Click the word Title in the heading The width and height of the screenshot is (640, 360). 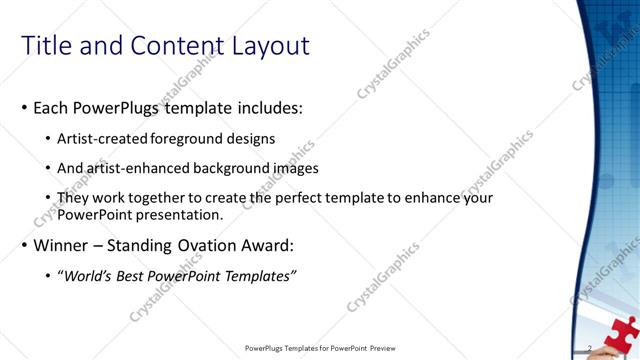click(x=47, y=46)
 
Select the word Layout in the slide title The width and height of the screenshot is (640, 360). click(x=268, y=46)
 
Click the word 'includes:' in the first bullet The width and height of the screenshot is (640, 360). click(x=269, y=108)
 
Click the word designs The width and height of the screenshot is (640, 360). click(x=252, y=138)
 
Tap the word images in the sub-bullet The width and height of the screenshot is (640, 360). click(x=290, y=168)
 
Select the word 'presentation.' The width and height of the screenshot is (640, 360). click(x=179, y=214)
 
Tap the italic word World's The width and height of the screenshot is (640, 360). click(x=86, y=275)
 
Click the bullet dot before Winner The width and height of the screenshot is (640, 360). click(x=24, y=245)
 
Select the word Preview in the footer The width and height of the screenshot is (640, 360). click(x=389, y=349)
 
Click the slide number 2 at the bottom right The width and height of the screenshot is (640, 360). click(x=591, y=348)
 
